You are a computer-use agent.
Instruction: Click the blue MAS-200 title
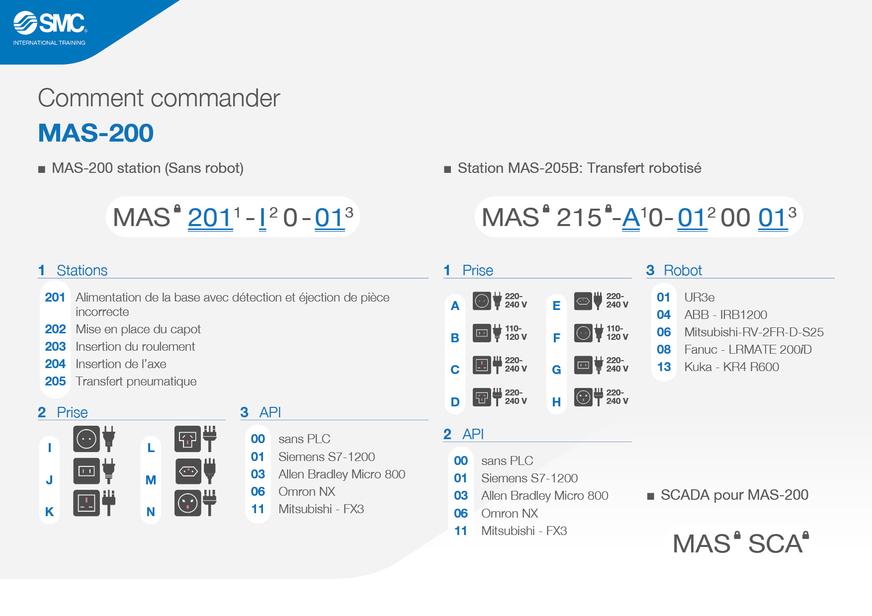tap(96, 133)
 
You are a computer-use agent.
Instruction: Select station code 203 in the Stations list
tap(55, 346)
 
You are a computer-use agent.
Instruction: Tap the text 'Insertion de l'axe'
tap(121, 364)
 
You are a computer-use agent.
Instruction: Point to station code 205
tap(55, 381)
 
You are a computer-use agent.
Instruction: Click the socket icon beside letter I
tap(87, 439)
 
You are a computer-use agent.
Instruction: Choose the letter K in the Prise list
tap(49, 512)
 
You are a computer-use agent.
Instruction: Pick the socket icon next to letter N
tap(188, 503)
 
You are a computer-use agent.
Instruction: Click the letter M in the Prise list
tap(151, 480)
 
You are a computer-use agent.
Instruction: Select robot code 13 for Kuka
tap(664, 367)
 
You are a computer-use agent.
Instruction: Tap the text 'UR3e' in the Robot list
tap(699, 297)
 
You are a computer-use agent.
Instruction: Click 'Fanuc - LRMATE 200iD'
tap(748, 349)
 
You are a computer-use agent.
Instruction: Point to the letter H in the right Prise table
tap(556, 402)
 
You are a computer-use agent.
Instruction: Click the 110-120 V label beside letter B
tap(516, 332)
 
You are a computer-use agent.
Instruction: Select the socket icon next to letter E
tap(583, 301)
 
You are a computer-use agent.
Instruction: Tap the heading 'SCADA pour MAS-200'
tap(734, 495)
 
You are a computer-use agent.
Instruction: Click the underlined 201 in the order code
tap(210, 218)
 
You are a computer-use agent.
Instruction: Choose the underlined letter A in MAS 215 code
tap(631, 218)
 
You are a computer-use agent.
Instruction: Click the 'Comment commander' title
tap(159, 98)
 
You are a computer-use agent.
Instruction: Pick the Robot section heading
tap(674, 270)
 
